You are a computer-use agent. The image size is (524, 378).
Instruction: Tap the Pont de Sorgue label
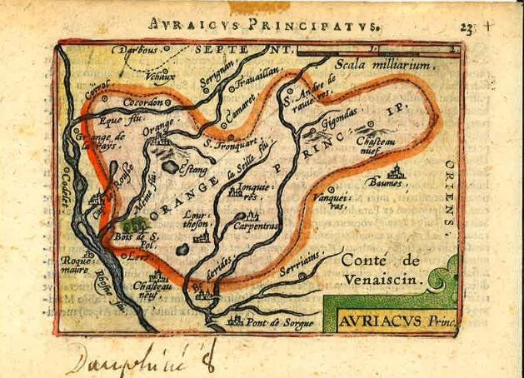pos(280,321)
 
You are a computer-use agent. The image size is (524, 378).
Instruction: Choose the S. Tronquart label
pos(231,142)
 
